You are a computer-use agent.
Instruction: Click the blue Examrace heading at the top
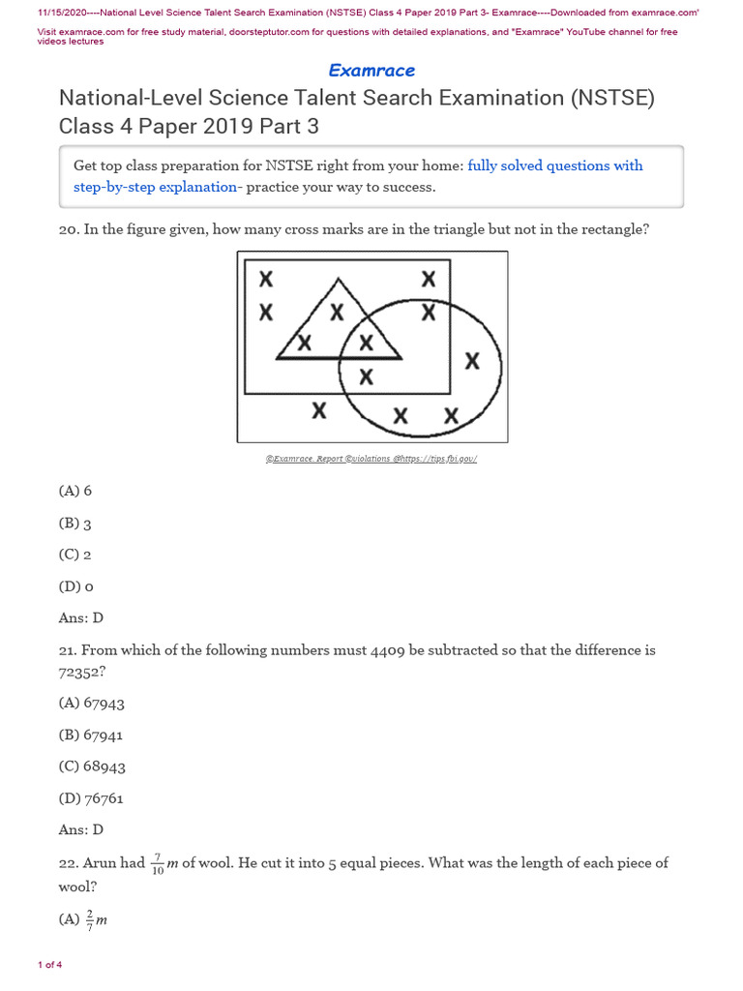[371, 71]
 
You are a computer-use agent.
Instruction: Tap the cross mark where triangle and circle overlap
[366, 343]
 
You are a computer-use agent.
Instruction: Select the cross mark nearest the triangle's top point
[337, 312]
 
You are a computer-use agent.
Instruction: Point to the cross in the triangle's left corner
[305, 343]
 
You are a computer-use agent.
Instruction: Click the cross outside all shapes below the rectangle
[317, 410]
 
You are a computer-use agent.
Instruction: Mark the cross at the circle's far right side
[472, 361]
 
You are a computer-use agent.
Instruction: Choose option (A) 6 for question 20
[75, 491]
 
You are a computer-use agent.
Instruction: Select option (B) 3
[75, 524]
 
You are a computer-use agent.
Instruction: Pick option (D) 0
[75, 586]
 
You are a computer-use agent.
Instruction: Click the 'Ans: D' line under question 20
[80, 617]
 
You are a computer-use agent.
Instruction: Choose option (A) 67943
[92, 704]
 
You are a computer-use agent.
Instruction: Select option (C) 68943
[92, 766]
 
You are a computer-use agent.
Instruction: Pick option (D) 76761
[92, 798]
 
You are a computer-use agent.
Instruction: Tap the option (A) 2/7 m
[83, 920]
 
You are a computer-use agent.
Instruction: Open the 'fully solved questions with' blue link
[554, 165]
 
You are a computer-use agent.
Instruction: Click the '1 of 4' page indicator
[49, 965]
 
